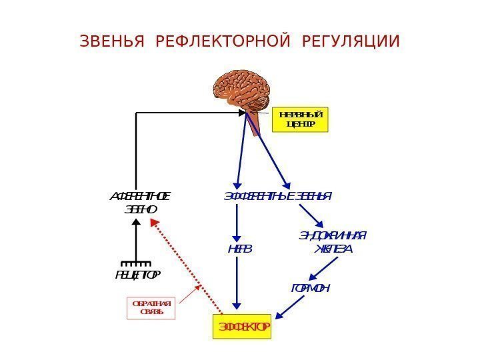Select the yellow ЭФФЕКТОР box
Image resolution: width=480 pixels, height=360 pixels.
pos(242,327)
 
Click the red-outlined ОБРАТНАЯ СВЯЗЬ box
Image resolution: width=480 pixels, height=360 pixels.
pos(151,308)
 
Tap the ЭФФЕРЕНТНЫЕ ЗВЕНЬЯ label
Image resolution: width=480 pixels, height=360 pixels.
pos(277,197)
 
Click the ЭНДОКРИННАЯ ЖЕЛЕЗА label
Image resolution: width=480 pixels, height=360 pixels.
pos(331,242)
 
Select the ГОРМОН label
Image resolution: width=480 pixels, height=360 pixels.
pos(311,288)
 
